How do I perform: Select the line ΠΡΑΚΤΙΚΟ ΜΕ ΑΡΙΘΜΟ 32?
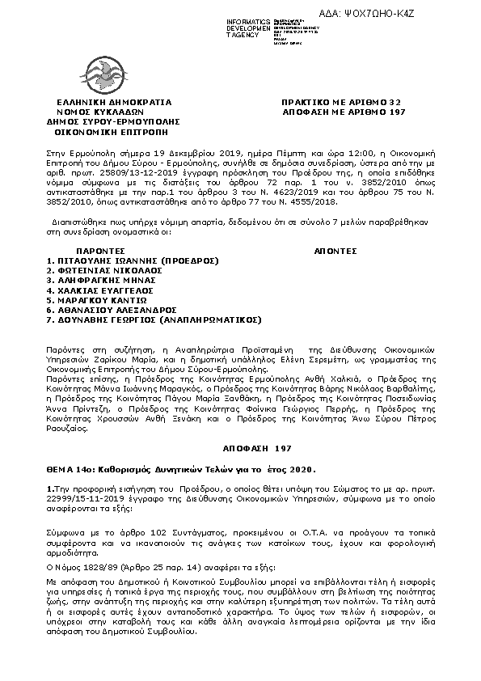click(341, 103)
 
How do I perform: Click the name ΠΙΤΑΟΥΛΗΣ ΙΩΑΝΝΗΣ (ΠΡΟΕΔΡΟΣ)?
click(133, 260)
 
